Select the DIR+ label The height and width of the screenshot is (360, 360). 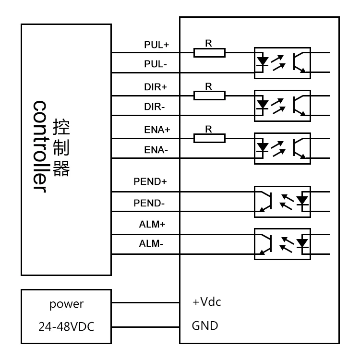point(154,87)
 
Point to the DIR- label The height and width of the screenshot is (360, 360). point(154,108)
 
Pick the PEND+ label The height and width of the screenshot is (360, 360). point(150,182)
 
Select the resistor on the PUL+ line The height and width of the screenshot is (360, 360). point(209,52)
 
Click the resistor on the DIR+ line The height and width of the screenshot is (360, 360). point(209,95)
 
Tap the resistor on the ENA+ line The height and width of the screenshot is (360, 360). point(209,138)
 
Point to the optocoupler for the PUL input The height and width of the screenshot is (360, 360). point(282,62)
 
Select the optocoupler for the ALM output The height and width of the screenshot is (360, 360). point(282,244)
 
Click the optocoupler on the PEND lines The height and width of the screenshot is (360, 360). point(282,202)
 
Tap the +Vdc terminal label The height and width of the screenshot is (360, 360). point(206,303)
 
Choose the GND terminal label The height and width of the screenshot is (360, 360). point(204,326)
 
